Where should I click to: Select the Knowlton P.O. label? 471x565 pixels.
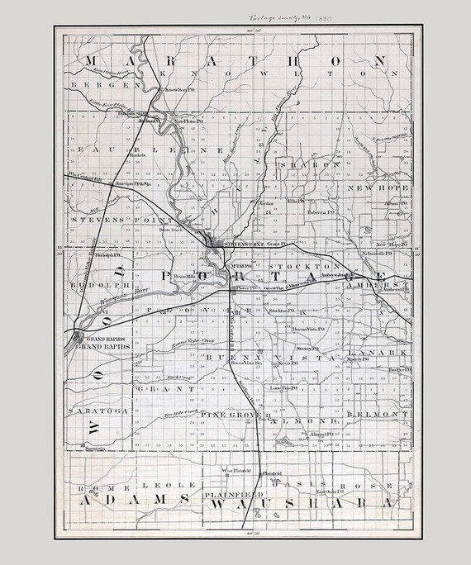click(179, 88)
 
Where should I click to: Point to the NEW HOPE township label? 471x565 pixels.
click(377, 188)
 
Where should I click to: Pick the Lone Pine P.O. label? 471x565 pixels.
click(283, 387)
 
